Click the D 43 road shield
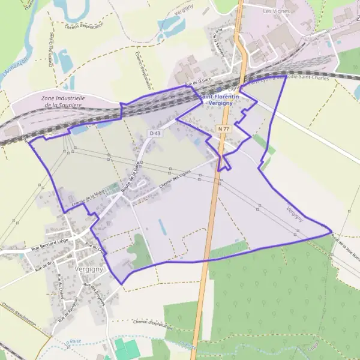click(155, 133)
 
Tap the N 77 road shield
click(224, 129)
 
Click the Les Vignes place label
click(276, 11)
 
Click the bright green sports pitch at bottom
click(126, 349)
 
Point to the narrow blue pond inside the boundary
click(161, 227)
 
